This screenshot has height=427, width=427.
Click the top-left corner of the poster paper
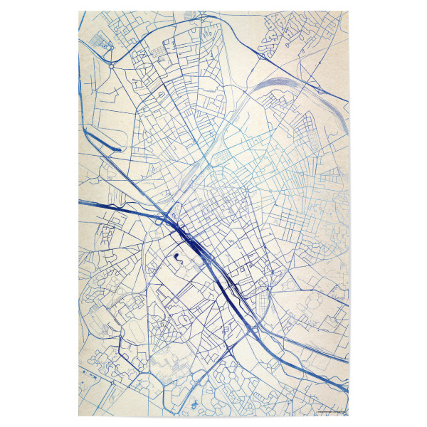(78, 11)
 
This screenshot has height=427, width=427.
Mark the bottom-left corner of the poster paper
(78, 415)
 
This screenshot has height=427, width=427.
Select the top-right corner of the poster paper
(349, 11)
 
